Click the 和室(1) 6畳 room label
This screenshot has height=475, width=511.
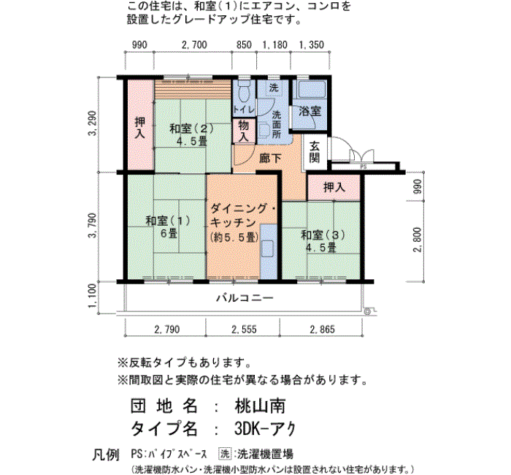pyautogui.click(x=168, y=227)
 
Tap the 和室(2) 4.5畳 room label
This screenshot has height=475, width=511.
pyautogui.click(x=191, y=134)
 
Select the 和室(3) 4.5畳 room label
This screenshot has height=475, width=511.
pyautogui.click(x=323, y=241)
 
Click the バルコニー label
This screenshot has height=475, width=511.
pyautogui.click(x=245, y=298)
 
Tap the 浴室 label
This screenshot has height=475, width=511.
pyautogui.click(x=310, y=112)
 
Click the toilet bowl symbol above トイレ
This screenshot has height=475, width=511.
pyautogui.click(x=244, y=91)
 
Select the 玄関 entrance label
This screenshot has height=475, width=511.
pyautogui.click(x=314, y=152)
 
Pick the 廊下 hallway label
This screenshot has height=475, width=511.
pyautogui.click(x=270, y=159)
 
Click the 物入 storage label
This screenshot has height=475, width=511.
pyautogui.click(x=243, y=131)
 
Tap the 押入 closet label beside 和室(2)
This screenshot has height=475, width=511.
pyautogui.click(x=140, y=128)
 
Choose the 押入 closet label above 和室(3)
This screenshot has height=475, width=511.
pyautogui.click(x=334, y=187)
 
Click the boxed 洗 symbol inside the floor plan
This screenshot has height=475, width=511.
pyautogui.click(x=274, y=88)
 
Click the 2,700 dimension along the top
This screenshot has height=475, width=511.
pyautogui.click(x=194, y=45)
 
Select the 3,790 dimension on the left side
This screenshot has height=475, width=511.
pyautogui.click(x=93, y=225)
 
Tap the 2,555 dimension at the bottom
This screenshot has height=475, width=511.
pyautogui.click(x=244, y=330)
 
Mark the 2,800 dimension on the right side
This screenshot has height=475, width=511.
pyautogui.click(x=418, y=240)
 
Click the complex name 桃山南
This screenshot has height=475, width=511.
pyautogui.click(x=260, y=406)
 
